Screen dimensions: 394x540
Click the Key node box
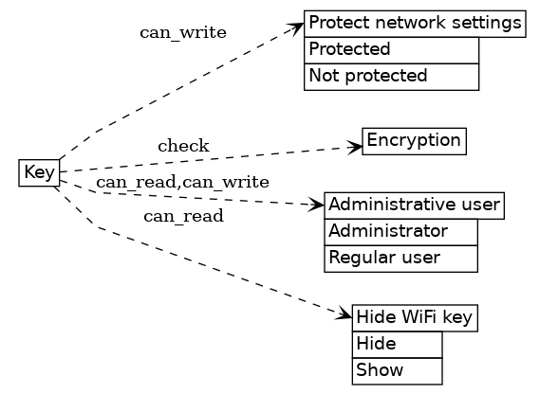point(39,173)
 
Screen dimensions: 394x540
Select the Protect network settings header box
point(415,23)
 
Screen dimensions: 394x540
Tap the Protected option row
point(390,49)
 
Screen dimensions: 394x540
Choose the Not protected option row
point(390,76)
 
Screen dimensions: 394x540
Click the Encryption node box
point(414,141)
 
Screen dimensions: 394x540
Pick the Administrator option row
point(400,231)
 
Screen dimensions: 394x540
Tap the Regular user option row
point(400,258)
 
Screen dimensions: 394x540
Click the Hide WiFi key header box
point(414,317)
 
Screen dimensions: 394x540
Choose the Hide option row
point(397,344)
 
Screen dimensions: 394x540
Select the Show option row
point(397,370)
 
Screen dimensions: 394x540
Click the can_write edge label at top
point(183,33)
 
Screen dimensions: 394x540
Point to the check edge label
point(183,146)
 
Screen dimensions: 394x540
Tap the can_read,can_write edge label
point(182,182)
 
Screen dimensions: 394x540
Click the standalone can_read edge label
point(183,217)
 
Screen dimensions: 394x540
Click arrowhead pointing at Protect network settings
point(297,27)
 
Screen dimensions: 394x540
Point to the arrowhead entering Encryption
point(356,147)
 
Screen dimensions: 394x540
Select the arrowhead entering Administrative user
point(318,205)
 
